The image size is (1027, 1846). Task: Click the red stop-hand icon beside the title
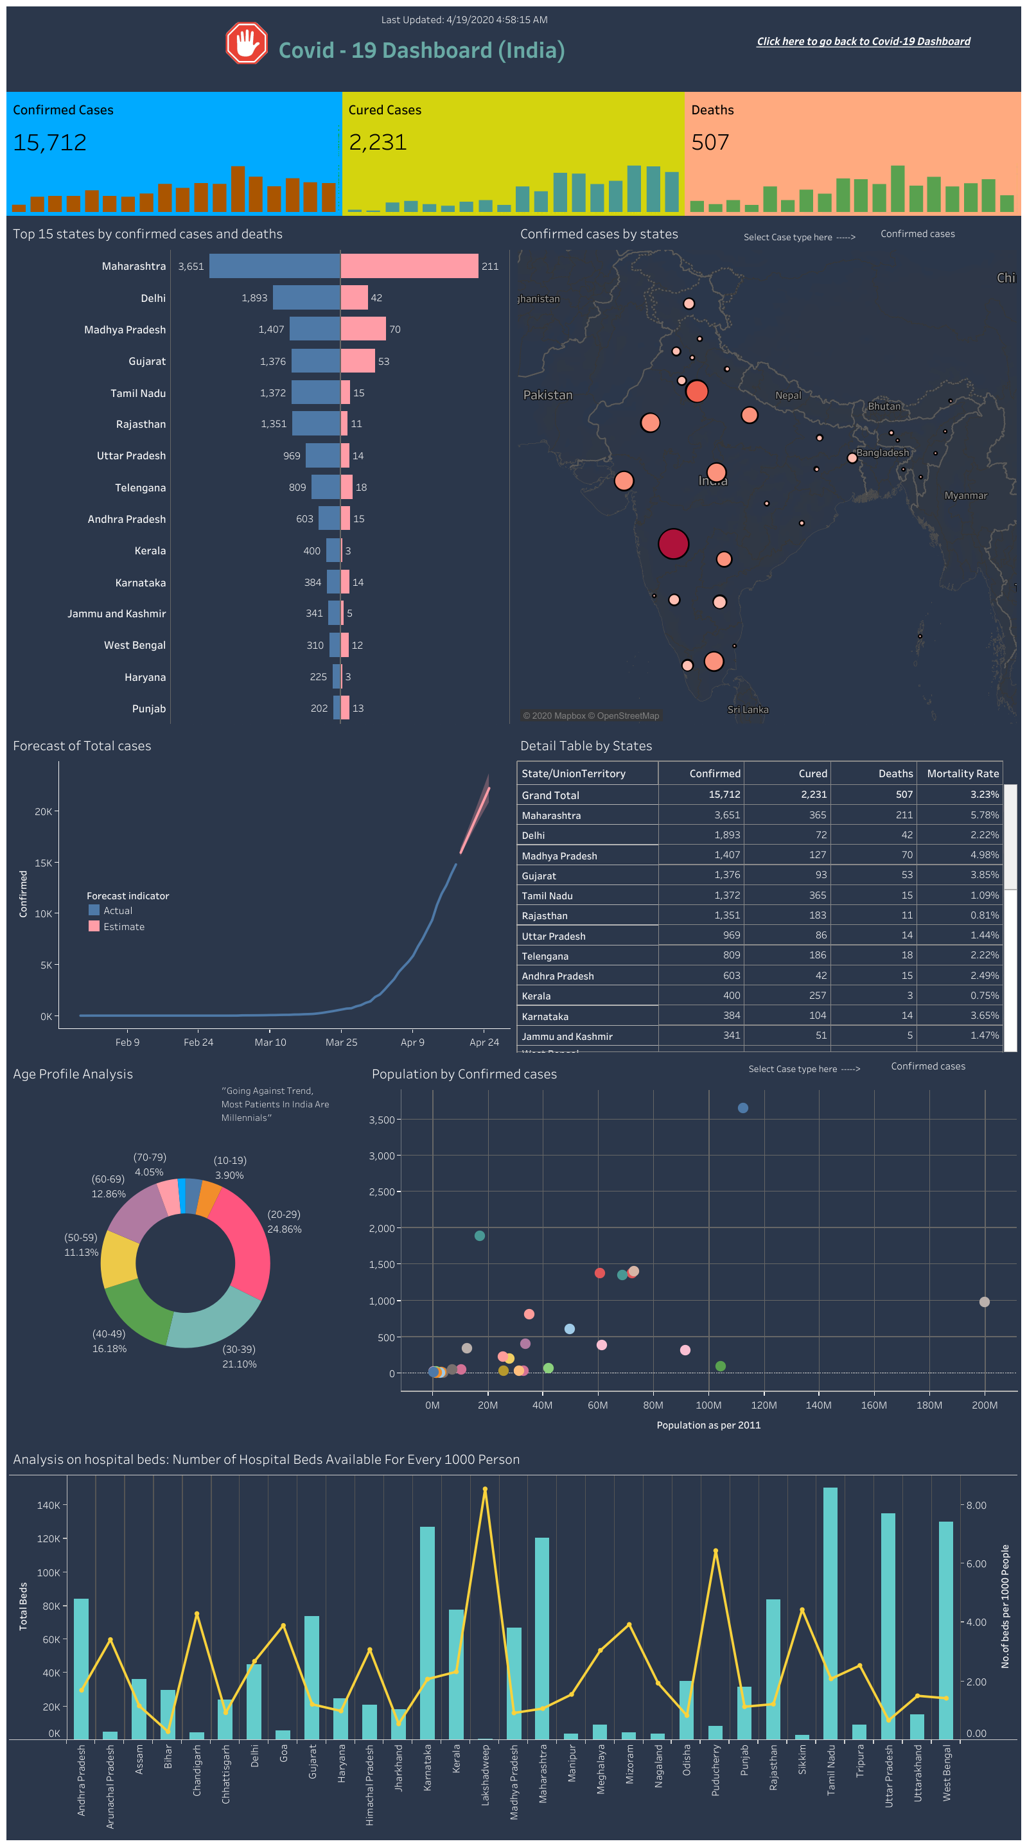coord(247,43)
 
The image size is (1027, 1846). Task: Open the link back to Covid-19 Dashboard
coord(863,42)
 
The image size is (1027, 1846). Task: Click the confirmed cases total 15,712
coord(49,143)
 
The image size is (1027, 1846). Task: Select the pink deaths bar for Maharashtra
coord(409,266)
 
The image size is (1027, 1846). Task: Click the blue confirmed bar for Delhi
coord(306,297)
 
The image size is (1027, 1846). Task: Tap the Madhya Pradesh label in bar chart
coord(125,330)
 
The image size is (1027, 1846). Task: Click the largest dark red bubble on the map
coord(673,544)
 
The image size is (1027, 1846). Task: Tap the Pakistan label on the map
coord(548,395)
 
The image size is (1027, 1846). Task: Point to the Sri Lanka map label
coord(748,710)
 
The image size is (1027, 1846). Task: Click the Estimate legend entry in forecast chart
coord(123,927)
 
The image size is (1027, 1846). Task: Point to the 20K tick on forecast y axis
coord(43,811)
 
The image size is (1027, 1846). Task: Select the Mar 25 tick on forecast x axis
coord(341,1042)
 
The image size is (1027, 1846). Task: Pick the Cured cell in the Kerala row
coord(817,996)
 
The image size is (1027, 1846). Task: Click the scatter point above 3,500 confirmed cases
coord(742,1108)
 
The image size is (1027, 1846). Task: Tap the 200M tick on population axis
coord(984,1405)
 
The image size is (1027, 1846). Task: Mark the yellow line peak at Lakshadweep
coord(485,1489)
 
